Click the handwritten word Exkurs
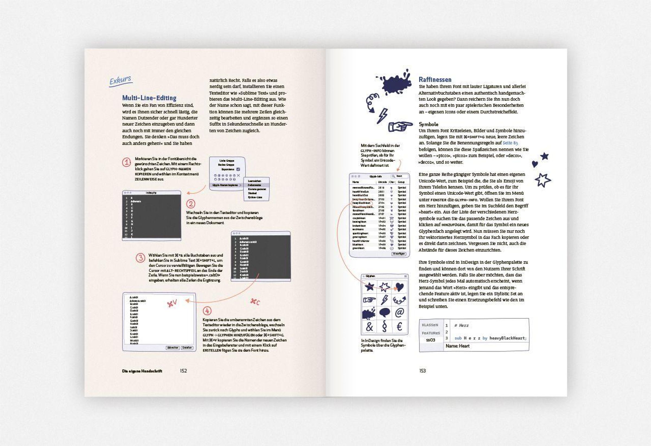coord(120,80)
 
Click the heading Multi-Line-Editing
coord(149,98)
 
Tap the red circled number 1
coord(126,162)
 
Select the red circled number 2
coord(191,204)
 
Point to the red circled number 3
coord(140,258)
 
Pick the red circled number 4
coord(207,311)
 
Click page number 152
coord(183,371)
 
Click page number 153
coord(422,371)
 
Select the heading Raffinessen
coord(435,79)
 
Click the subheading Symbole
coord(428,124)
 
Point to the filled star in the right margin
coord(544,156)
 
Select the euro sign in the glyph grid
coord(400,327)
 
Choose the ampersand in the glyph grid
coord(369,327)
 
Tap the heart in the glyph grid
coord(400,287)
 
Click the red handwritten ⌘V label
coord(172,304)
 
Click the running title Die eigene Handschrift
coord(142,371)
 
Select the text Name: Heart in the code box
coord(457,346)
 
